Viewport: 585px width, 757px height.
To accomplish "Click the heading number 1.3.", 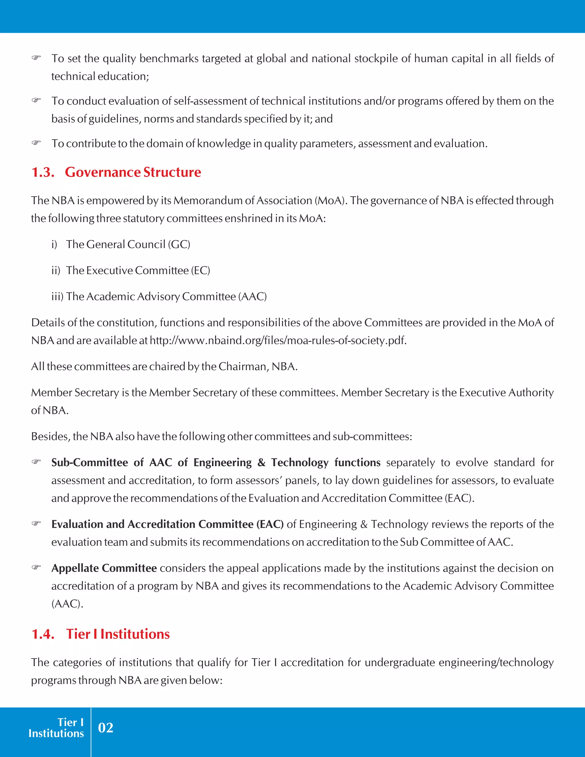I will (43, 172).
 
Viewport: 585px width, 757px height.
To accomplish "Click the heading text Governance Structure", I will (133, 172).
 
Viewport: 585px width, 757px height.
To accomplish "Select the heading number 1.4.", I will (43, 634).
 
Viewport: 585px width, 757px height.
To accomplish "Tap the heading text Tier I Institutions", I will (118, 634).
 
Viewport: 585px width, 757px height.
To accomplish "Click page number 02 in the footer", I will (105, 728).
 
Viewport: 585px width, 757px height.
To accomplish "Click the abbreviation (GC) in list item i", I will (179, 244).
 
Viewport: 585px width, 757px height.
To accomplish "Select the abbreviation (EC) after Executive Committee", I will (200, 270).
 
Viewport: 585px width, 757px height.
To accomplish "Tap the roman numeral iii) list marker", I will (57, 297).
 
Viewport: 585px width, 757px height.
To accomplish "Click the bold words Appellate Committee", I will (104, 568).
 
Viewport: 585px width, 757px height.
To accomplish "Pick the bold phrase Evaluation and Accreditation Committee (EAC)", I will (167, 524).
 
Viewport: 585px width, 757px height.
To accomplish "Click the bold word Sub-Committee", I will (89, 462).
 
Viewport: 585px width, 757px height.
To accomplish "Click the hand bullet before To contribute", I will (36, 143).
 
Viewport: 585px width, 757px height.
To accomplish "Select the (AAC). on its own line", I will (67, 604).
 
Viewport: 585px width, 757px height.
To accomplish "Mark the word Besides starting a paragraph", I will (50, 436).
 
